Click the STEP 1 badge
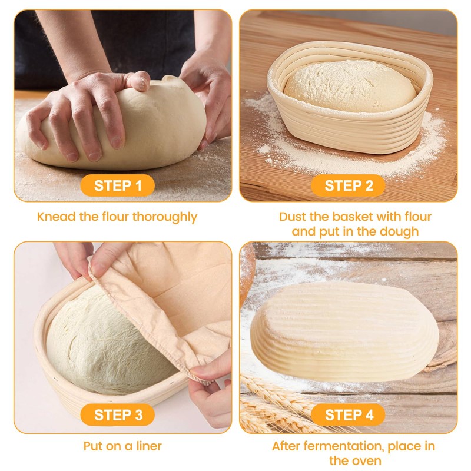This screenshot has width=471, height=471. click(118, 186)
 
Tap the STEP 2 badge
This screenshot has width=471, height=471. click(349, 186)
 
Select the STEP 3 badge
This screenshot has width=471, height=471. click(118, 414)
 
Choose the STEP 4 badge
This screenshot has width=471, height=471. click(349, 414)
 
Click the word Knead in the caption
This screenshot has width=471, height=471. click(57, 217)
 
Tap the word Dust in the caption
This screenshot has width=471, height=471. click(292, 217)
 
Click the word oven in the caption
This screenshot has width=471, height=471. click(366, 460)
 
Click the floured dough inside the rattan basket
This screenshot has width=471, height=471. click(350, 88)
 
